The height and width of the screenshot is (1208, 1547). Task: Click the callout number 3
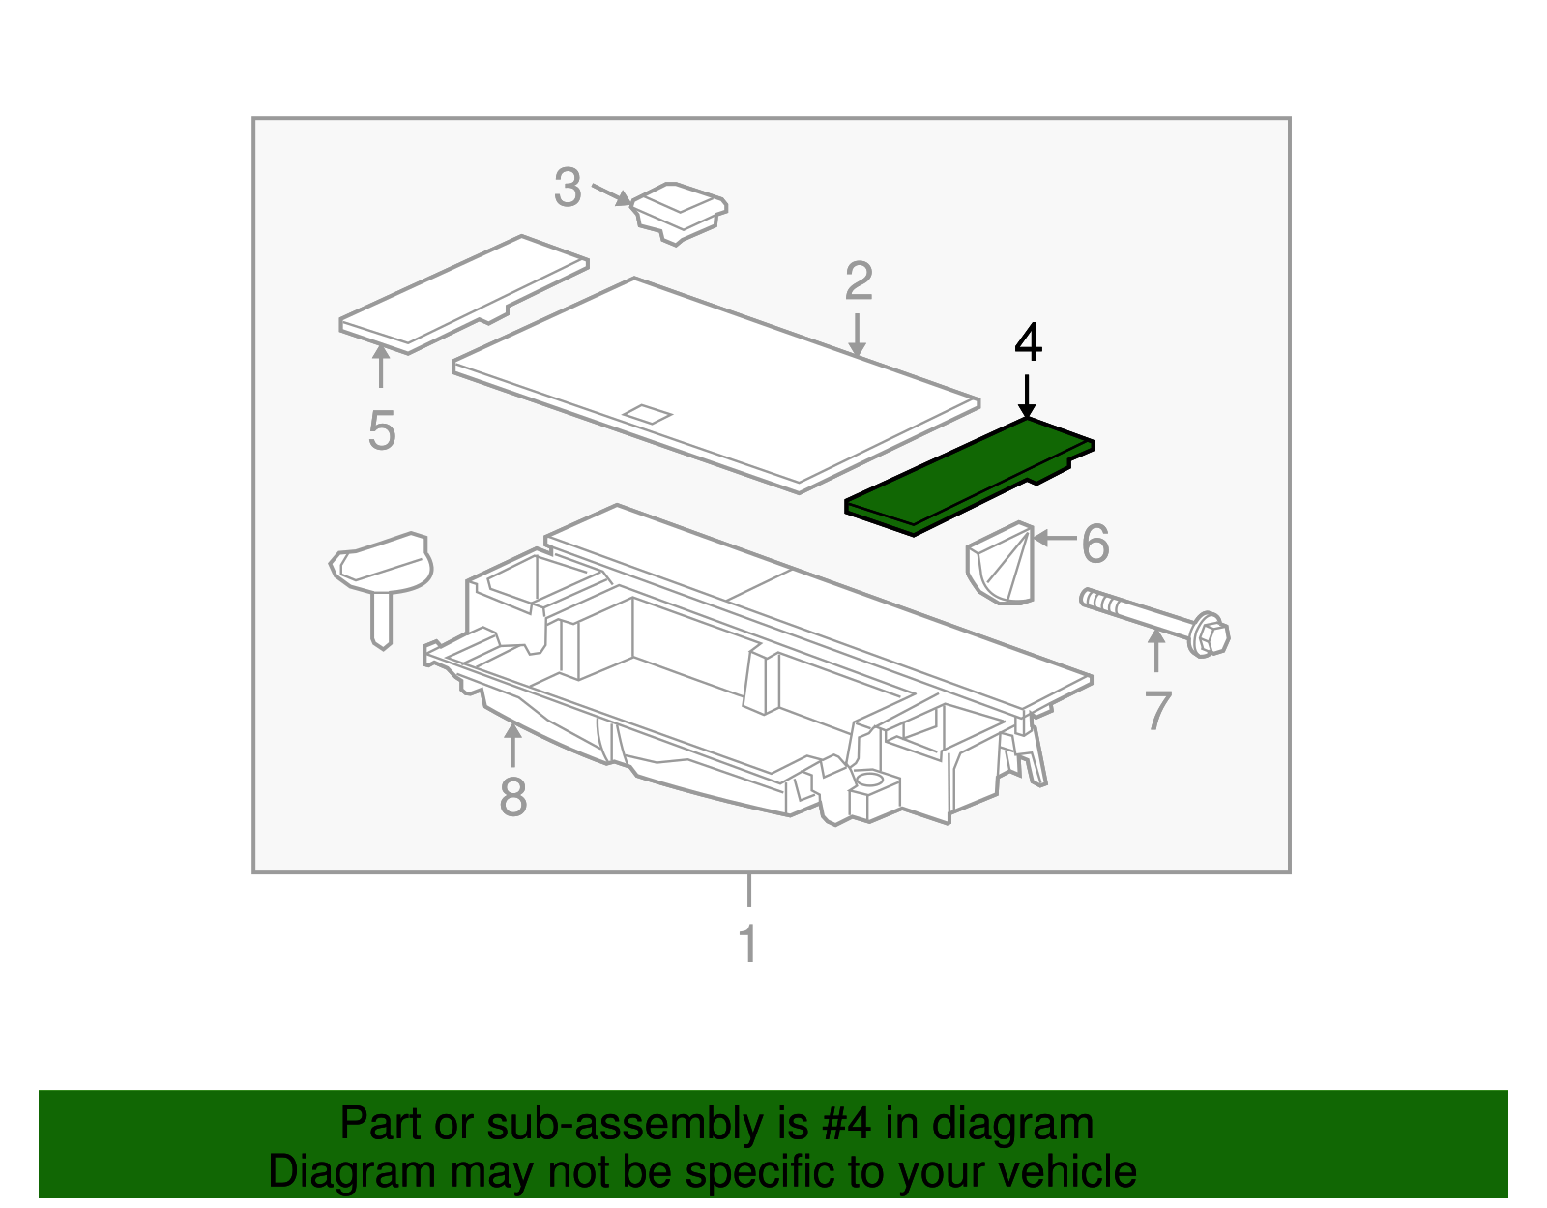(x=568, y=188)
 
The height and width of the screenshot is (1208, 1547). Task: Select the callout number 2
(x=858, y=280)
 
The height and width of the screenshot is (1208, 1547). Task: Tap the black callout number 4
(x=1028, y=343)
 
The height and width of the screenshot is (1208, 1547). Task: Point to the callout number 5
(x=382, y=430)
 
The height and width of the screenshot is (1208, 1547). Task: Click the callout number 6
(x=1095, y=544)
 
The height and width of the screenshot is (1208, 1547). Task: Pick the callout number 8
(x=513, y=797)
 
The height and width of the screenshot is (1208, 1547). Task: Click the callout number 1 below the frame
(x=748, y=943)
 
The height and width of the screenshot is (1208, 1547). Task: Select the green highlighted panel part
(x=970, y=476)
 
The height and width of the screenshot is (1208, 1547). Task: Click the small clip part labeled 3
(x=679, y=212)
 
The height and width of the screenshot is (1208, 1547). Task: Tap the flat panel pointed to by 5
(x=463, y=294)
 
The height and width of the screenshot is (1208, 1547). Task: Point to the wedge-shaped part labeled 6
(x=1001, y=563)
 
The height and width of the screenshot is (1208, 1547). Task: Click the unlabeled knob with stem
(x=382, y=585)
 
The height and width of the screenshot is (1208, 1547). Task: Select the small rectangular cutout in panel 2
(x=647, y=414)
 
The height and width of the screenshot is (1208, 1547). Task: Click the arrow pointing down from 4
(x=1026, y=396)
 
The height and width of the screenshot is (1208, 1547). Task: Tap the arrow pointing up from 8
(x=511, y=745)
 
